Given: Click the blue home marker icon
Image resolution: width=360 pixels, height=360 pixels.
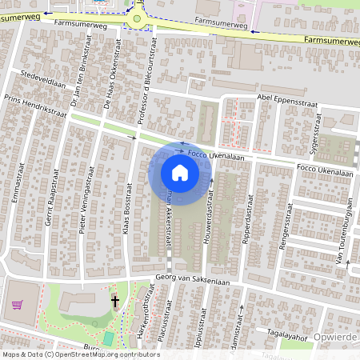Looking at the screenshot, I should tap(180, 172).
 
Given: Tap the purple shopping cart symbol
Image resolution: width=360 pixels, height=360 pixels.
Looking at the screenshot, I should tap(18, 305).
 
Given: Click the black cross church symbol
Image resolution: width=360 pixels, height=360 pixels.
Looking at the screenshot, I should tap(115, 302).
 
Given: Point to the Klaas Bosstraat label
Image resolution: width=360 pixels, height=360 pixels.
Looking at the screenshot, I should tap(128, 196).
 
